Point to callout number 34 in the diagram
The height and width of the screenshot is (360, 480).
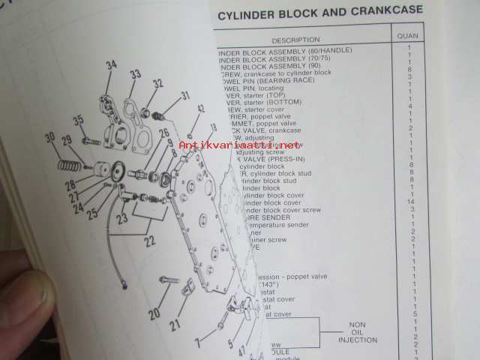pyautogui.click(x=111, y=65)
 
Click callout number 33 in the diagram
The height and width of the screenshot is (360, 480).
pyautogui.click(x=135, y=74)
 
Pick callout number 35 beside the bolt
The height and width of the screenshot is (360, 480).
pyautogui.click(x=78, y=120)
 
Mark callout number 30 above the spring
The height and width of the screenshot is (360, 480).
pyautogui.click(x=50, y=137)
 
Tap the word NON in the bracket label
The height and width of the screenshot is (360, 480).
pyautogui.click(x=357, y=325)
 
